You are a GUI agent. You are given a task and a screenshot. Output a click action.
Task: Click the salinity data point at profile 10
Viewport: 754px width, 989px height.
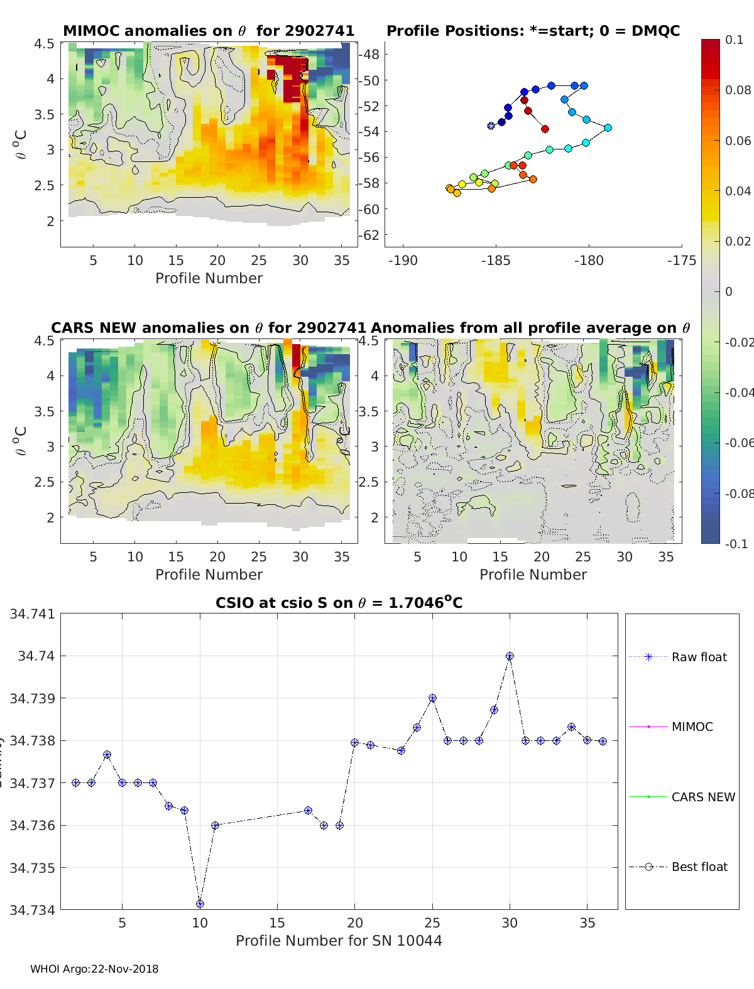pos(200,904)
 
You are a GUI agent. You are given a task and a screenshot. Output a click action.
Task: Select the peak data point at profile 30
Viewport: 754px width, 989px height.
pos(510,656)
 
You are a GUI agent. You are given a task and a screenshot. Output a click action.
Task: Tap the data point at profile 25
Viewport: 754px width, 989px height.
pos(432,698)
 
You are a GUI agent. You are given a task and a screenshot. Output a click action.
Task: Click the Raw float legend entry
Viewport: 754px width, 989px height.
pos(699,657)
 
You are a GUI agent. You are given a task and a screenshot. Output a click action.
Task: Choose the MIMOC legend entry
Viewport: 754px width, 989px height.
pos(692,727)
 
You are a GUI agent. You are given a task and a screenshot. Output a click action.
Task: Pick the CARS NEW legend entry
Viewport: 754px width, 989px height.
pos(702,797)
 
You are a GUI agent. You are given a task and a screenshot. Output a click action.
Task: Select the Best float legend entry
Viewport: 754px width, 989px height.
pos(699,867)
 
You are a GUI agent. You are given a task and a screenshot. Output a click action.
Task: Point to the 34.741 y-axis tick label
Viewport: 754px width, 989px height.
pos(31,613)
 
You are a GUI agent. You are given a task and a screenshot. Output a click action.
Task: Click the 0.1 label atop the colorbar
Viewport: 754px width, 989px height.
pos(734,40)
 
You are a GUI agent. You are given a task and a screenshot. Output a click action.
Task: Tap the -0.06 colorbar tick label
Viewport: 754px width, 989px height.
pos(738,443)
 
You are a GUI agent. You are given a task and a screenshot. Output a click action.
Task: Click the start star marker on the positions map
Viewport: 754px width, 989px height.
pos(491,126)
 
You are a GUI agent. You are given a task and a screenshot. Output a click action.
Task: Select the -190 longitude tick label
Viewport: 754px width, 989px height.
pos(403,260)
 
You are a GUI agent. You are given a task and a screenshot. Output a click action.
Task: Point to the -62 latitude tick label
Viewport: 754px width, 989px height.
pos(369,235)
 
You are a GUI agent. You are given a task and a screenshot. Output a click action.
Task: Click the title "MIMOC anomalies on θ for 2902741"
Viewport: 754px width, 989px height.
pos(209,31)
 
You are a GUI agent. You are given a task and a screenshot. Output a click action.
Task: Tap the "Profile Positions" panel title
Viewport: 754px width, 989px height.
pos(533,31)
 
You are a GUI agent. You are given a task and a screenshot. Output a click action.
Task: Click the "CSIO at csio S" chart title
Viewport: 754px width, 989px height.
pos(339,603)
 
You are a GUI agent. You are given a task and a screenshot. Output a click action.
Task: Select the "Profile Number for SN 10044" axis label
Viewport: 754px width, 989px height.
pos(339,941)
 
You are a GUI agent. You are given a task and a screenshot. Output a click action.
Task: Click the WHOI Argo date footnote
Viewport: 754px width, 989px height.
pos(94,969)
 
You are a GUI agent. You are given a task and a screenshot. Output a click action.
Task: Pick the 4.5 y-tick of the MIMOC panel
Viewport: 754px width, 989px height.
pos(45,43)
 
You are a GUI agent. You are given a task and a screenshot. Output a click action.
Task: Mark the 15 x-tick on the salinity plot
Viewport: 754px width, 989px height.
pos(277,922)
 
